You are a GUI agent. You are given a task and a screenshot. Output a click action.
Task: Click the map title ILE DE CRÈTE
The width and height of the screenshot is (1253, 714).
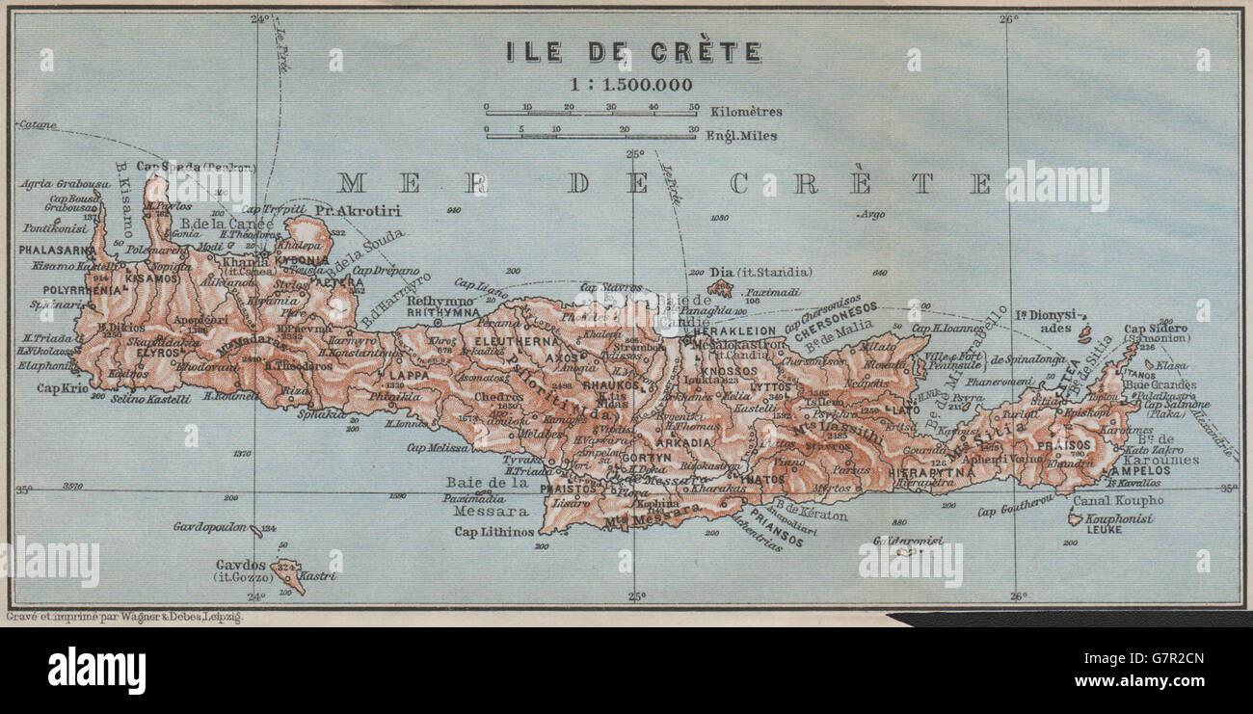[633, 51]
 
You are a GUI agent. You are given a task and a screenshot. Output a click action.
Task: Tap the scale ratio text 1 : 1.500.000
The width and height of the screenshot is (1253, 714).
[631, 84]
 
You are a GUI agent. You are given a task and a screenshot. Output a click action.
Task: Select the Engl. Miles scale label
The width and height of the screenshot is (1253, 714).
[742, 136]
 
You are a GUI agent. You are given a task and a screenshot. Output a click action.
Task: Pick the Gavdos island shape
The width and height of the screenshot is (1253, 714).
[287, 574]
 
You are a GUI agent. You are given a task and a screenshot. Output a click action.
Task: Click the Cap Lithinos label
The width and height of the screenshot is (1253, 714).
[494, 532]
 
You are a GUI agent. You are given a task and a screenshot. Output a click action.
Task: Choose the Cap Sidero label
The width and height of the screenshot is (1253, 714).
[1155, 328]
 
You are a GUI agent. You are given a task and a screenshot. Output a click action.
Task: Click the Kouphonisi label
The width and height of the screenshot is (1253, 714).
[1118, 518]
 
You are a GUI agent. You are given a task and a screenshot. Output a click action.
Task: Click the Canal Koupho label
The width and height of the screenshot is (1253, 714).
[1122, 500]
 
